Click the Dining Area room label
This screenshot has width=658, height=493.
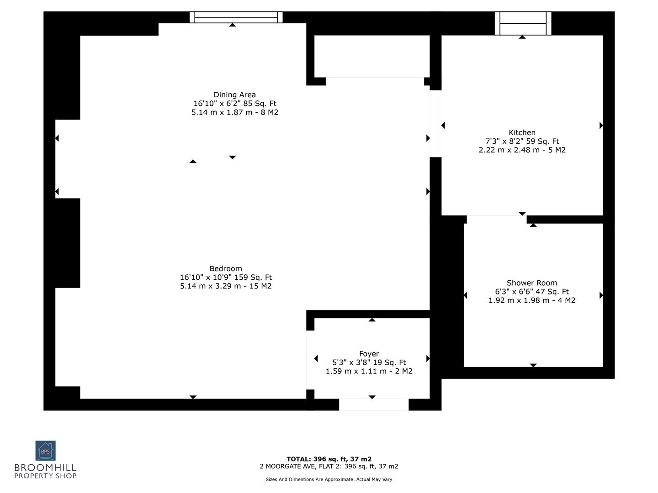point(234,95)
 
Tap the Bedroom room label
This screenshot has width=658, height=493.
point(226,269)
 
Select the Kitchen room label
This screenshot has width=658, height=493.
point(522,133)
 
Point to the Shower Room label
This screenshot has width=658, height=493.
point(531,283)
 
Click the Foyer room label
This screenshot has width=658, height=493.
point(369,354)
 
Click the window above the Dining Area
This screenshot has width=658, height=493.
point(236,17)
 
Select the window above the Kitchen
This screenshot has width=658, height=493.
point(523,23)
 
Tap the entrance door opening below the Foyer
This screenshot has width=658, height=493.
point(373,404)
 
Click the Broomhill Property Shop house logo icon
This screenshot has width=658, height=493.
point(45,451)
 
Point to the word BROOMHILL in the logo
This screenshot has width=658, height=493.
point(45,468)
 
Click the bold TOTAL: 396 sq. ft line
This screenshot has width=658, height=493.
point(329,459)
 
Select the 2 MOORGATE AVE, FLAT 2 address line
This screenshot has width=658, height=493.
point(329,467)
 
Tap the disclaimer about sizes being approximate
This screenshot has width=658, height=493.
point(329,479)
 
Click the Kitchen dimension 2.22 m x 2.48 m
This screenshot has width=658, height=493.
point(522,150)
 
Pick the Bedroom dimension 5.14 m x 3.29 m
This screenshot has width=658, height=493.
point(226,286)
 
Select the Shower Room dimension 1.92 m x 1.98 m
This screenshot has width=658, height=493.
point(531,300)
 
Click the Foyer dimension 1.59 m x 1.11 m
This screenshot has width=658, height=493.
point(369,371)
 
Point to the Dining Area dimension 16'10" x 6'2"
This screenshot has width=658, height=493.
point(234,104)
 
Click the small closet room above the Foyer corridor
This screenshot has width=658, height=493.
point(371,56)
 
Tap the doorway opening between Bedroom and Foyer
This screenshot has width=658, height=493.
point(310,360)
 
